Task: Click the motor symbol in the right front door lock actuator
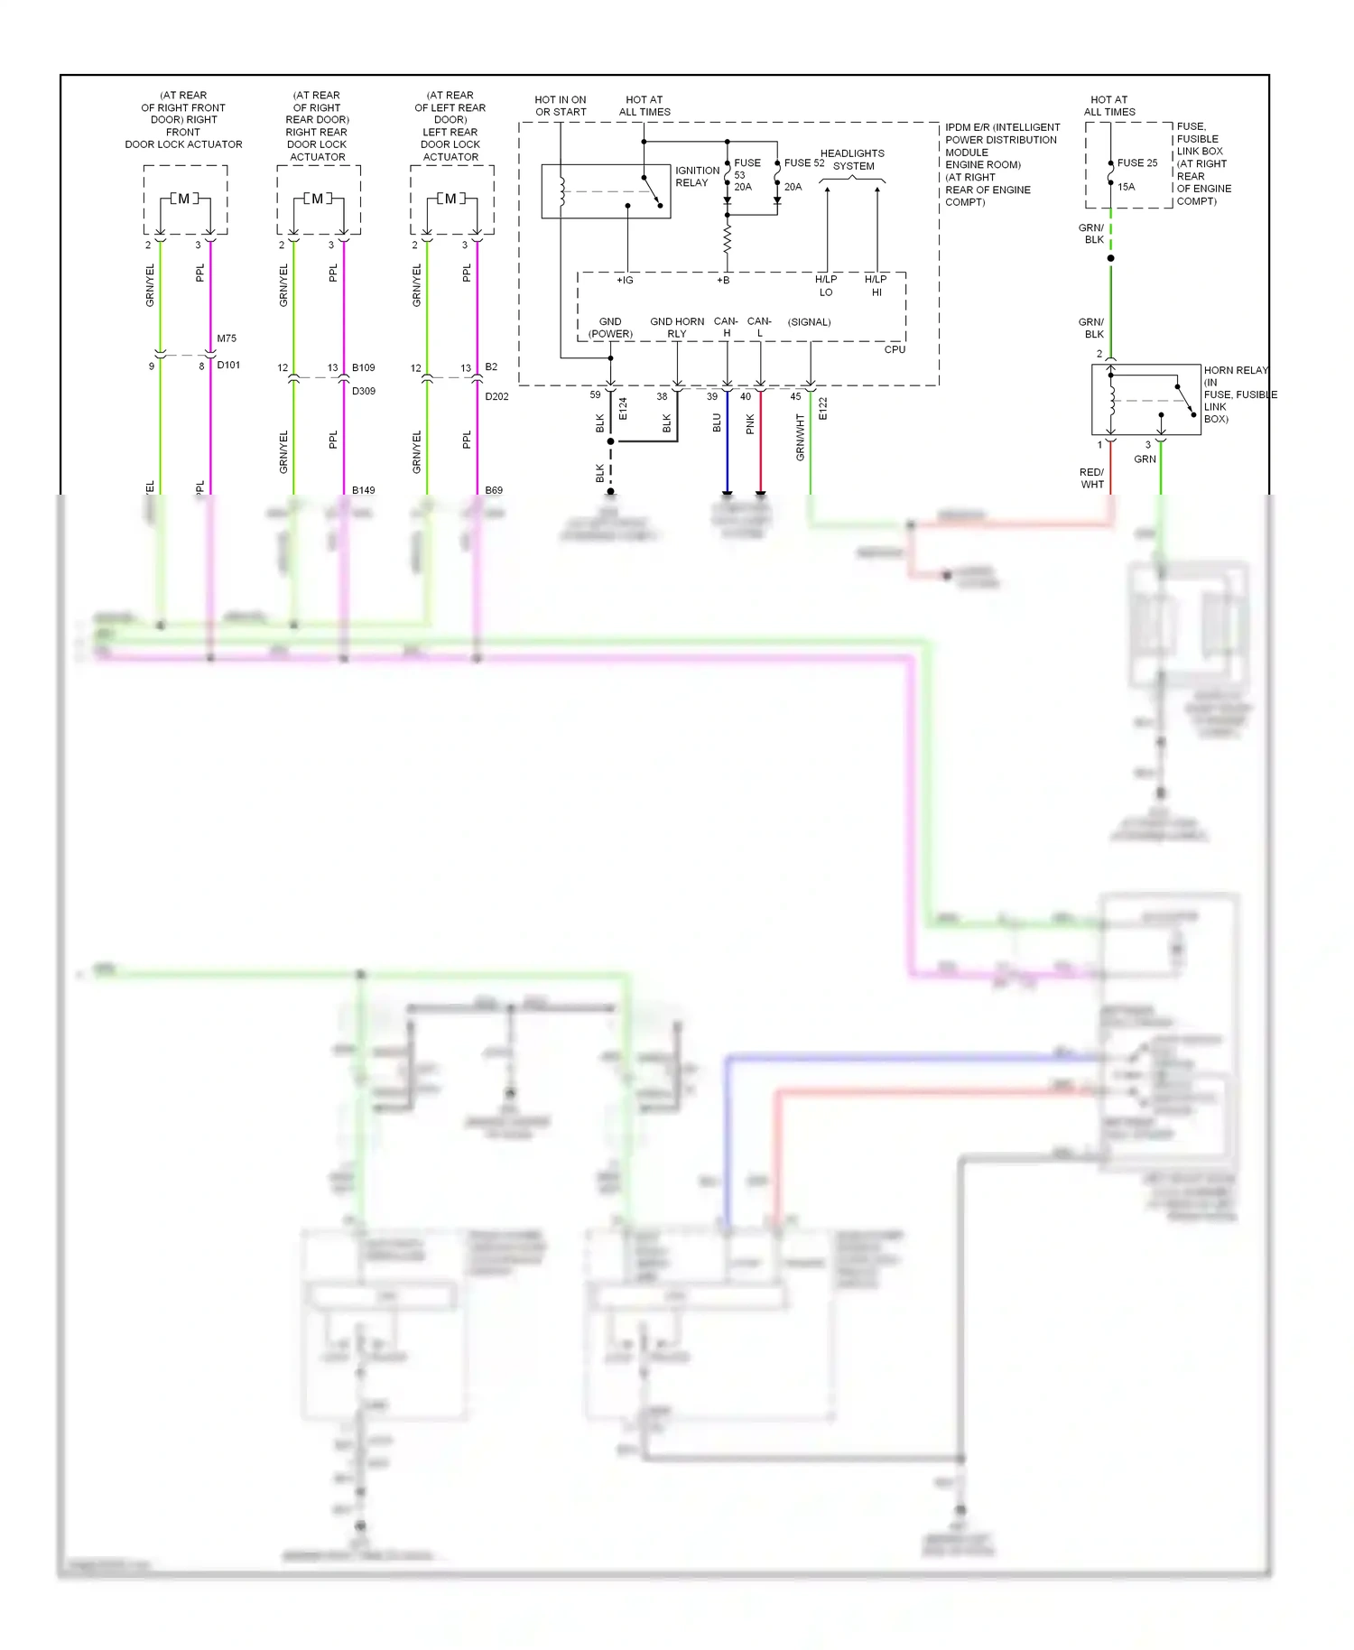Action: tap(184, 199)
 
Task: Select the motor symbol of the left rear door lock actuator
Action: tap(451, 199)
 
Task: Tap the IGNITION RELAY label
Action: tap(697, 177)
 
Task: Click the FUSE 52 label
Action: tap(803, 163)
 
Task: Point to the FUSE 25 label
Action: tap(1136, 163)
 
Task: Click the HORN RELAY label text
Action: tap(1235, 370)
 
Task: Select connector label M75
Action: tap(227, 338)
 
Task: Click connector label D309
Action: tap(364, 391)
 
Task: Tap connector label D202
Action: tap(496, 396)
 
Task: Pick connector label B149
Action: tap(364, 490)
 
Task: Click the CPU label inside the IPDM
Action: tap(895, 349)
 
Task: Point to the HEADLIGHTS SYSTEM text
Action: tap(853, 160)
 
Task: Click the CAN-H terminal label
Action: tap(726, 327)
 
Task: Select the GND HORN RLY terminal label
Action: tap(677, 328)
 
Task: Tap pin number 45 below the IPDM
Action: tap(795, 396)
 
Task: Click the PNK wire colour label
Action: tap(750, 424)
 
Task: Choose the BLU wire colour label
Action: tap(718, 422)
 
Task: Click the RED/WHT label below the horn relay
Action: tap(1092, 478)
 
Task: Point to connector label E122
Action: tap(823, 409)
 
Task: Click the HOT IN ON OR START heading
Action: tap(561, 106)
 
